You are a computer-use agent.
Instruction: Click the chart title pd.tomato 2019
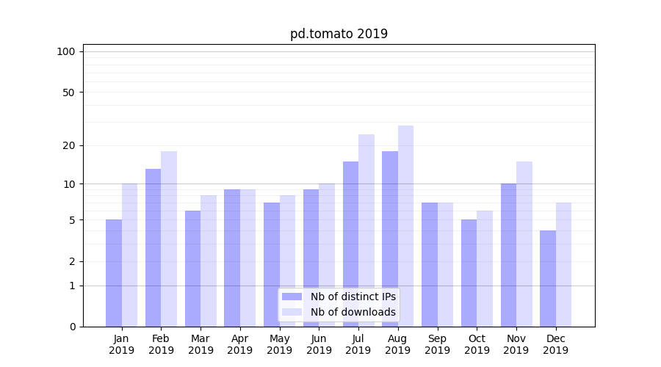(x=339, y=34)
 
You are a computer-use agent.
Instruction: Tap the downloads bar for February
(x=169, y=239)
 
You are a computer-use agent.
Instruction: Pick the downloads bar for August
(x=405, y=226)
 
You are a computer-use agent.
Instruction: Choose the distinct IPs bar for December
(x=548, y=278)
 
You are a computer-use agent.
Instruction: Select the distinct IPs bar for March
(x=192, y=269)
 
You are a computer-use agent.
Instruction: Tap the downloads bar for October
(x=485, y=269)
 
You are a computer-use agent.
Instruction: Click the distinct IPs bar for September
(x=430, y=264)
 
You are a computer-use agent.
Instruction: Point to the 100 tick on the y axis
(x=66, y=51)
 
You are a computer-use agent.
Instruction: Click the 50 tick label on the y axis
(x=68, y=92)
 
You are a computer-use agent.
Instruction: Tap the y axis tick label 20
(x=68, y=145)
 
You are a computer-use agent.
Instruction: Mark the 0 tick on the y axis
(x=72, y=327)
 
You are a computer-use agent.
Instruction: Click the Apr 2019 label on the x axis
(x=240, y=344)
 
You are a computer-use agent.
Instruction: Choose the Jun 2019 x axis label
(x=319, y=344)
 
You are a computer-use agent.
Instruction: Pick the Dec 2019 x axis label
(x=555, y=344)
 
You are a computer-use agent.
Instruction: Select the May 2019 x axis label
(x=279, y=344)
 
